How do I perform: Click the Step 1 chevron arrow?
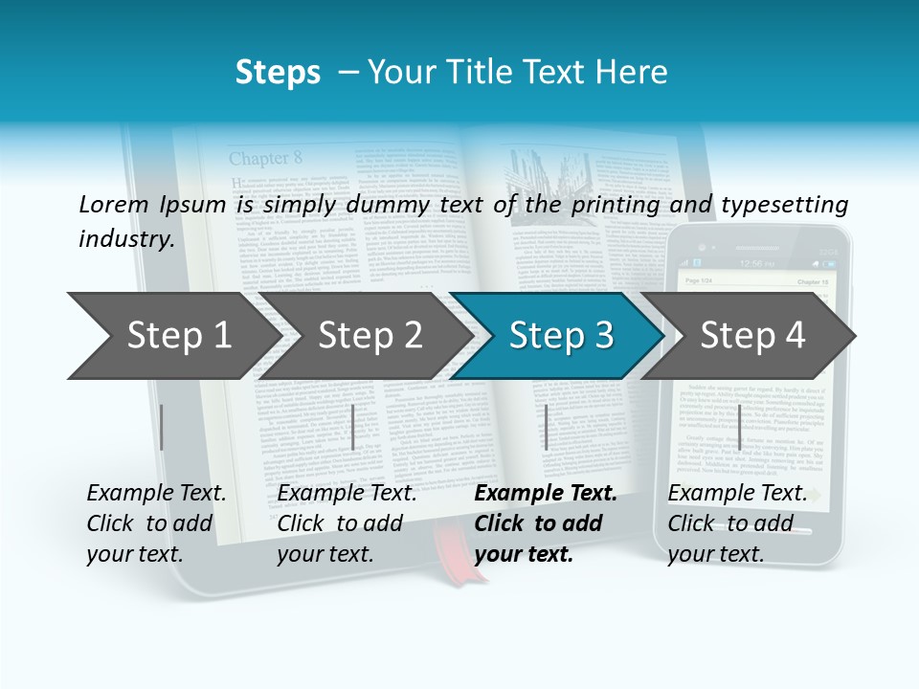coord(172,336)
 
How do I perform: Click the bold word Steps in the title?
coord(278,72)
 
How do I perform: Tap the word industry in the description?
coord(125,238)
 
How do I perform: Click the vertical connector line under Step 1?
coord(162,427)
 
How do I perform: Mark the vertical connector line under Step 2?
coord(353,427)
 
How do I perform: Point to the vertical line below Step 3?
coord(546,427)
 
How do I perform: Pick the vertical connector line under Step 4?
coord(739,427)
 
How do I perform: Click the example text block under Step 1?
coord(156,523)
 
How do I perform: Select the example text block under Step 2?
coord(347,523)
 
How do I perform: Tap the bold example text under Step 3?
coord(546,523)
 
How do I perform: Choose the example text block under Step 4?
coord(737,523)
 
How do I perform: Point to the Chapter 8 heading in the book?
coord(265,158)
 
